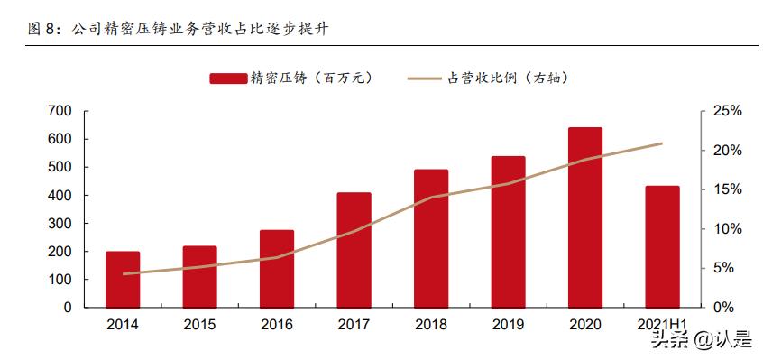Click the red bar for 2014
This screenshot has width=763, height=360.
(123, 279)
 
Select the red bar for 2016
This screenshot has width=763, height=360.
(277, 268)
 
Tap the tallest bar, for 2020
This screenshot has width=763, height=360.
(585, 217)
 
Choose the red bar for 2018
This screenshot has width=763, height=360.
(431, 238)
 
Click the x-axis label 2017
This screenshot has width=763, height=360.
(354, 323)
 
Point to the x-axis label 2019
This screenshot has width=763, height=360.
(508, 323)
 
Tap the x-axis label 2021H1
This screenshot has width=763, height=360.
(662, 323)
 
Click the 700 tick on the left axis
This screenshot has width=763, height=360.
(60, 111)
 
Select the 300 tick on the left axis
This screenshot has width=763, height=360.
(60, 223)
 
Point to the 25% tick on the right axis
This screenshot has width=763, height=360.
(727, 111)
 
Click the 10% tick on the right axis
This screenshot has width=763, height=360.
(727, 228)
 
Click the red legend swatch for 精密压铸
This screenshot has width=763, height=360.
(230, 78)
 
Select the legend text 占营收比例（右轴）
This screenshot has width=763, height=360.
(508, 78)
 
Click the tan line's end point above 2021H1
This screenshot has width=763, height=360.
(662, 143)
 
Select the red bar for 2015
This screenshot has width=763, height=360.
(199, 276)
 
